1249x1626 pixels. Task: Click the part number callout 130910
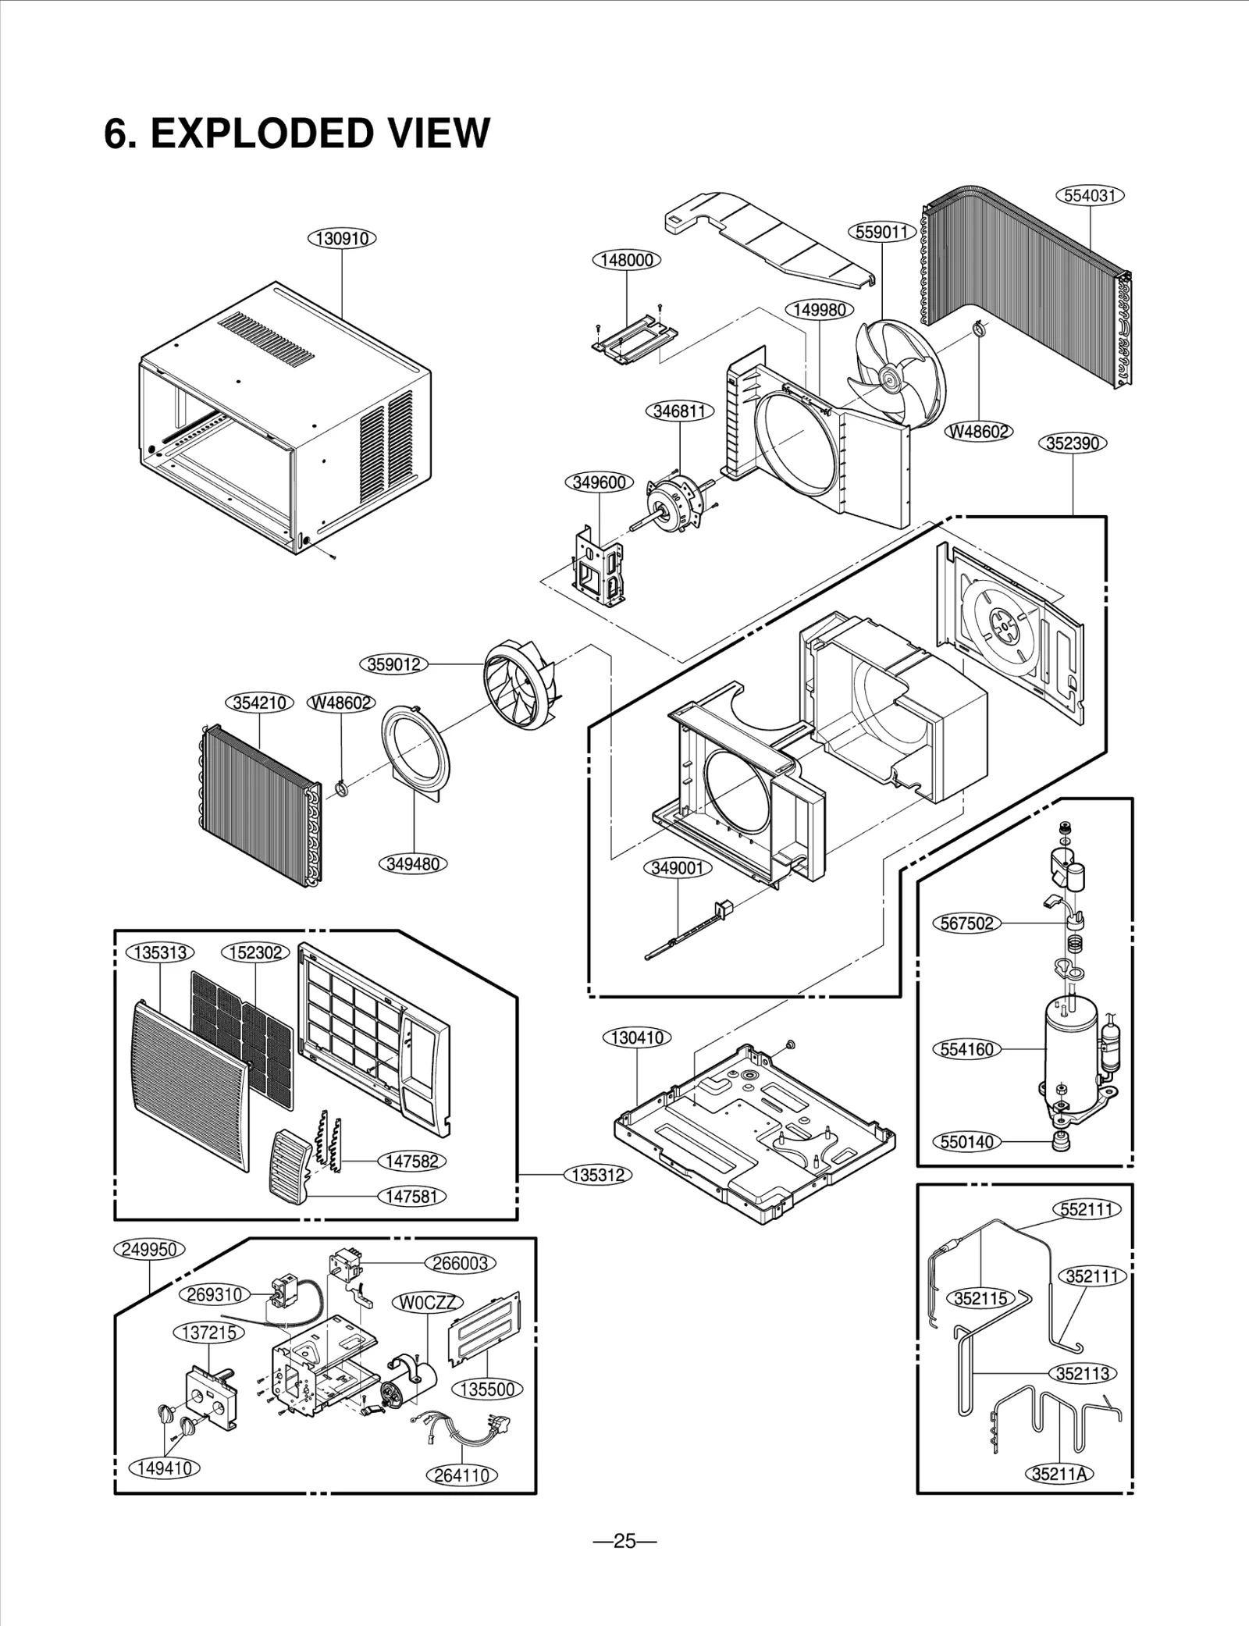[343, 238]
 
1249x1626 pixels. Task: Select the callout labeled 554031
[1090, 195]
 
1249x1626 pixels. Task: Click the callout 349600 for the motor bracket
[599, 482]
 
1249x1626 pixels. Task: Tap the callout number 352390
[1073, 443]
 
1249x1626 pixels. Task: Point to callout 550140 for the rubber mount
[966, 1142]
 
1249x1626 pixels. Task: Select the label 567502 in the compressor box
[966, 923]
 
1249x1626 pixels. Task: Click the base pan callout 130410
[637, 1037]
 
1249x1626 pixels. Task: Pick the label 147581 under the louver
[412, 1196]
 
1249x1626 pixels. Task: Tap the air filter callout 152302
[255, 953]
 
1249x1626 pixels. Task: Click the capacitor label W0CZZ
[426, 1302]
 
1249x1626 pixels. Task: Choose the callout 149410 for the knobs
[165, 1468]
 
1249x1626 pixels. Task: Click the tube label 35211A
[1059, 1473]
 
